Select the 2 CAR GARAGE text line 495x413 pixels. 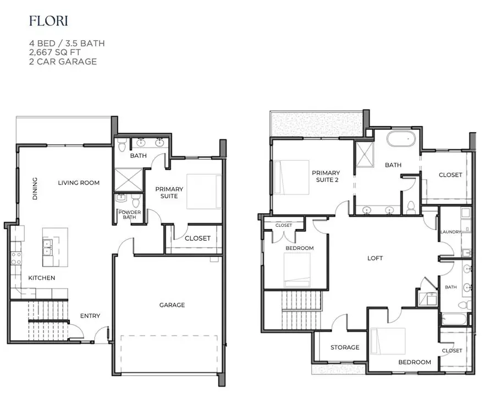63,62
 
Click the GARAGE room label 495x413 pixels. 172,305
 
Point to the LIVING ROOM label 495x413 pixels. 79,183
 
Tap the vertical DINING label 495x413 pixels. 35,188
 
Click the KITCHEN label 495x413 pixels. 42,278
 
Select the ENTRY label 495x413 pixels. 90,316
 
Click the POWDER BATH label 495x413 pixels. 130,215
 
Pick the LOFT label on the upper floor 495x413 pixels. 375,258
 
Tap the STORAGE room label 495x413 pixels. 345,347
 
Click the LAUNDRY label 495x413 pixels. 450,232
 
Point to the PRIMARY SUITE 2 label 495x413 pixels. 326,176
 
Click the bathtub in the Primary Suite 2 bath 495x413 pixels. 403,138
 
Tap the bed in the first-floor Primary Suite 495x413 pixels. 204,191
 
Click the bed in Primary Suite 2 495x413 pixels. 291,177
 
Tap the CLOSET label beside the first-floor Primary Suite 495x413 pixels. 197,238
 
